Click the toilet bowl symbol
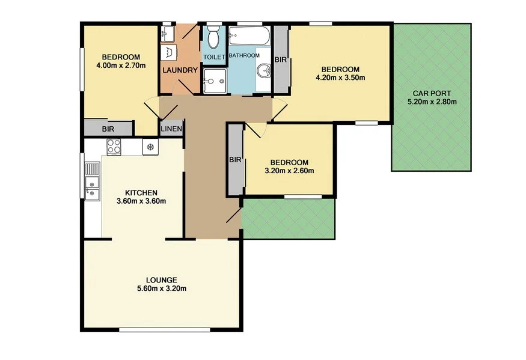click(x=213, y=38)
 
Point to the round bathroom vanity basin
click(x=263, y=72)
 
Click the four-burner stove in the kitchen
click(x=113, y=145)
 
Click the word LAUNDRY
click(x=180, y=70)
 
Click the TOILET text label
click(x=213, y=57)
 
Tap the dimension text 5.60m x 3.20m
click(x=161, y=288)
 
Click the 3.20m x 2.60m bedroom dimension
click(x=289, y=171)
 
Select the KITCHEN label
click(x=141, y=192)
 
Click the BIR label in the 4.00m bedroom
click(x=108, y=129)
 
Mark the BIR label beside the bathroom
click(x=280, y=60)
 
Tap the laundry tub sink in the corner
click(x=168, y=32)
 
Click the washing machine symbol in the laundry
click(x=169, y=53)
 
